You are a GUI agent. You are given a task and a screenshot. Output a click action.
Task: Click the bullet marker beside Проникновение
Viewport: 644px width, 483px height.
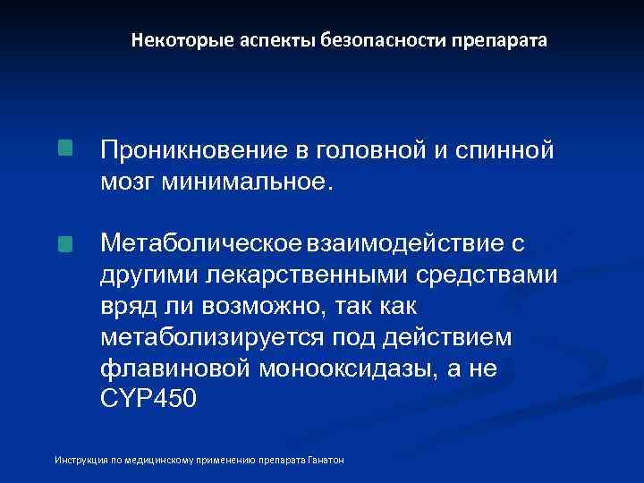pos(66,148)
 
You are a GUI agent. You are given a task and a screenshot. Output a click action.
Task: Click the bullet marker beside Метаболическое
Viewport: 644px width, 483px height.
pos(66,243)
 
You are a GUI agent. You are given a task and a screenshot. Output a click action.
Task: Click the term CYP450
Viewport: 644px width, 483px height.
pos(147,400)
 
